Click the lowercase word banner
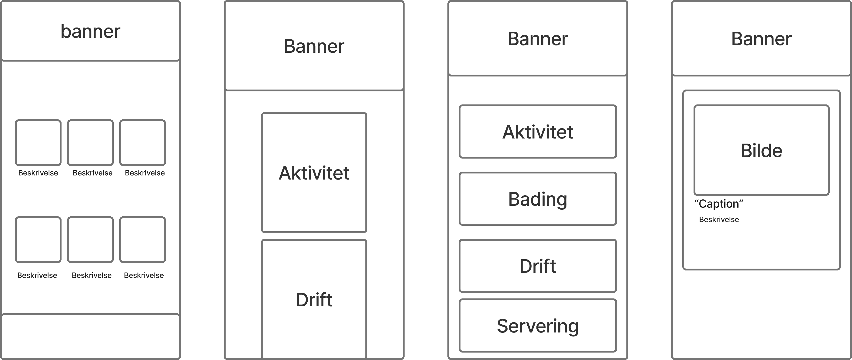(x=90, y=31)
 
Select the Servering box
(x=538, y=325)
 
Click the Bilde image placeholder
(x=761, y=150)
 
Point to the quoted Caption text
(x=719, y=204)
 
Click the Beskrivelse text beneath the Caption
(x=719, y=219)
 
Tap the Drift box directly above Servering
(x=538, y=266)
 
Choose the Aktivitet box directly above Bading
(x=538, y=131)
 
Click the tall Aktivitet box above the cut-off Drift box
(x=314, y=172)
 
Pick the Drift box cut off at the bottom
(x=314, y=299)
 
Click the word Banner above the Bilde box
(x=761, y=39)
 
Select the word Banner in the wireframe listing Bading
(x=538, y=39)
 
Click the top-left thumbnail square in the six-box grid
(x=38, y=143)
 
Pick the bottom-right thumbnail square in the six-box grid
(x=143, y=239)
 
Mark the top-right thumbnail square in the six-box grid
(x=143, y=143)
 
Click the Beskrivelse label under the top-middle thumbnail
(x=93, y=173)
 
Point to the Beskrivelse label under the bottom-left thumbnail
(x=37, y=275)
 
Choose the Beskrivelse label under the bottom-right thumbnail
(x=144, y=275)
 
